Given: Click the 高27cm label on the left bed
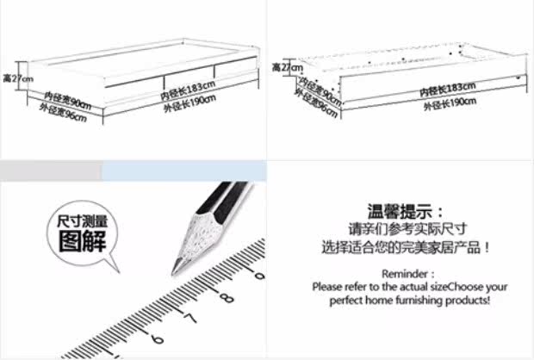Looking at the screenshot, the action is tap(17, 78).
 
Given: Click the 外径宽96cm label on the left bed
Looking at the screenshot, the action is tap(64, 113).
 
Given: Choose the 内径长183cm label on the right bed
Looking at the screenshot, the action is tap(450, 87).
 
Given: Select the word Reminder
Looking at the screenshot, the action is tap(401, 272).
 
